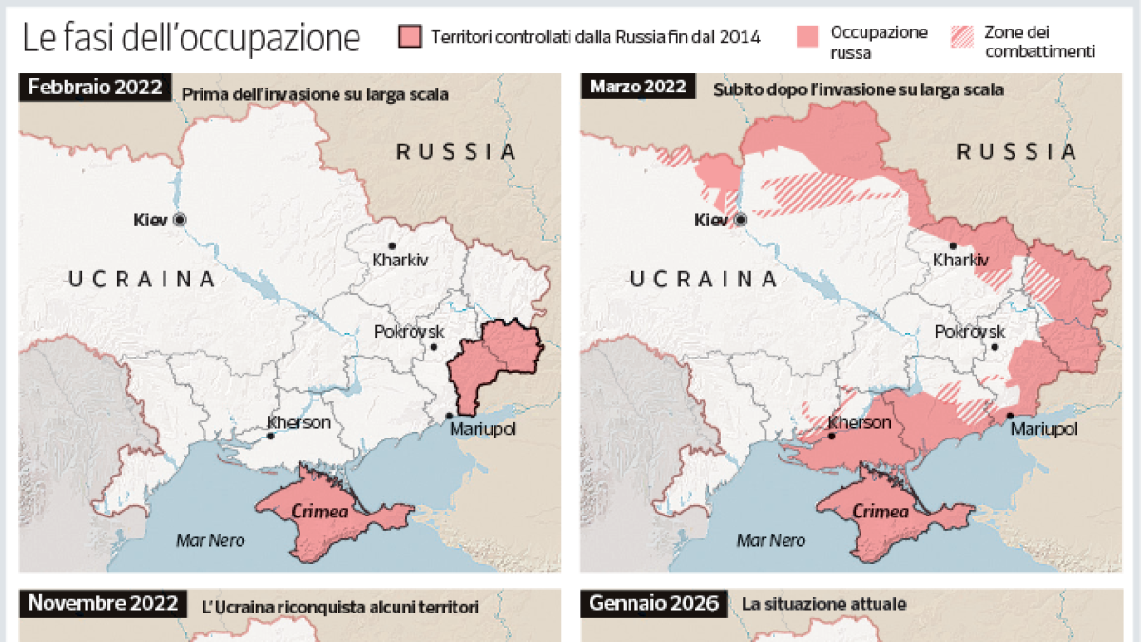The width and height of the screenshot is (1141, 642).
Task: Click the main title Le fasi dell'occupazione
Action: [191, 38]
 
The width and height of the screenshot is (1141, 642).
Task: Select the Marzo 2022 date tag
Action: [638, 88]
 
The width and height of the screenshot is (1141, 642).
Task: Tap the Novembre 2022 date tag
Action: [102, 603]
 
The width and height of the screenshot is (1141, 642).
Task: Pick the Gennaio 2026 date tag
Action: [654, 603]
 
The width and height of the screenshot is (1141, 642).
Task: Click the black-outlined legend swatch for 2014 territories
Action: [410, 37]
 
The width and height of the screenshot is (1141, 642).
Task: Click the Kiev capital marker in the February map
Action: [179, 220]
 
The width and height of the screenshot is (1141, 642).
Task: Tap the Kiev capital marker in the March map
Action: [740, 220]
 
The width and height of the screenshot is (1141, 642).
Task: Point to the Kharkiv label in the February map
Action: [400, 260]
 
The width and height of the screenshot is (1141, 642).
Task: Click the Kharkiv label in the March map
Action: [961, 260]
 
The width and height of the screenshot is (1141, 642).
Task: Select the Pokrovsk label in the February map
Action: [409, 332]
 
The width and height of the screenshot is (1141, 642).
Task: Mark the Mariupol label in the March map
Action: [1044, 430]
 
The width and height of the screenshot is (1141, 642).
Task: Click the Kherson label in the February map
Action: [299, 422]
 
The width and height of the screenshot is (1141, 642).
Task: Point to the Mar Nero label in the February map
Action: [210, 540]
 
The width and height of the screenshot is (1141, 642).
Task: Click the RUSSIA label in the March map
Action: [1016, 152]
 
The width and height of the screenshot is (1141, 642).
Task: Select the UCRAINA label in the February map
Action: [143, 279]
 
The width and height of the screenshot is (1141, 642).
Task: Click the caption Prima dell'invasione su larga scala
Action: [314, 93]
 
